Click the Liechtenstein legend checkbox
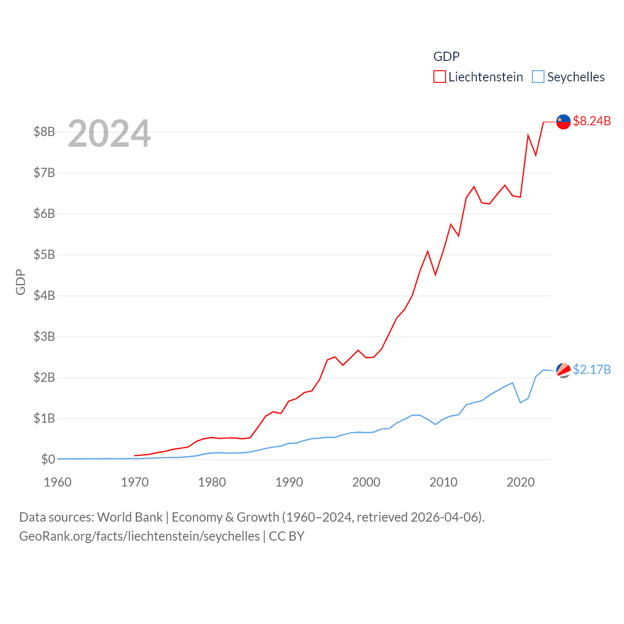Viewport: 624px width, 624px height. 440,77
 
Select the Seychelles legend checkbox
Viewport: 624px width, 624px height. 538,77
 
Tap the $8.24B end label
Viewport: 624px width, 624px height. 592,121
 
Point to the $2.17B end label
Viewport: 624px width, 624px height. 592,370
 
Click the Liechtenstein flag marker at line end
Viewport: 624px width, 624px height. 564,122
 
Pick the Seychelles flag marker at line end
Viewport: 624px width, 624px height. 564,370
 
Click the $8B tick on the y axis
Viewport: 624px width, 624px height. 44,132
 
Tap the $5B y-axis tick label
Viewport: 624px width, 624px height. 44,254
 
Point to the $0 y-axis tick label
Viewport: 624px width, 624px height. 48,459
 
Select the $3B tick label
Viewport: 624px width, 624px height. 44,336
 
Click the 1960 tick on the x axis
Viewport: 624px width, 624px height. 58,482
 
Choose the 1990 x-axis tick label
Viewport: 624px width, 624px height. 289,482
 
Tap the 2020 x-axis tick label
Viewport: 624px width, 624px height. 521,482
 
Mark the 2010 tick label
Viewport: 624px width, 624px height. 443,482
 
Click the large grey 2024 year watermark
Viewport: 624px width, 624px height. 109,134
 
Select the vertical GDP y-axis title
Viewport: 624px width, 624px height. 20,282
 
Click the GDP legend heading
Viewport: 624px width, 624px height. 446,57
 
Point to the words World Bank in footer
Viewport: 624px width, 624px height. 130,517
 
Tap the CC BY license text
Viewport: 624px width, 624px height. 287,536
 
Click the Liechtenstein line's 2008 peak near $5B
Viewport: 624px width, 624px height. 428,252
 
